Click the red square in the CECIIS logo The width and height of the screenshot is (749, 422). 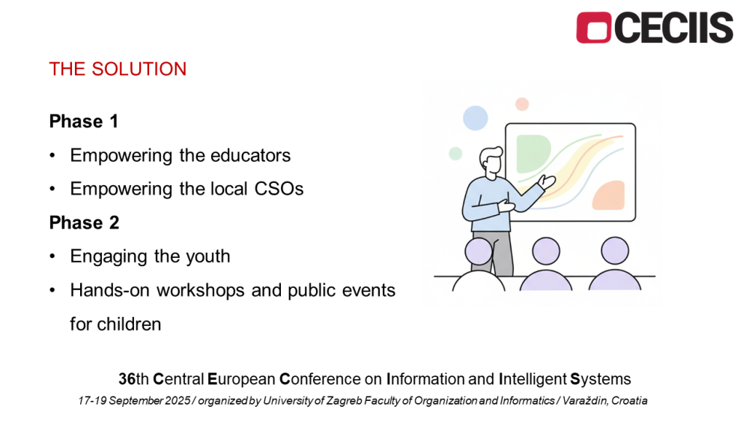593,28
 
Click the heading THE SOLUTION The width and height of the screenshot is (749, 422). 118,69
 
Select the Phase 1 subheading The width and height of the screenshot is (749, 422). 84,121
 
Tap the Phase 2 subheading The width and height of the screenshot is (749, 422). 84,223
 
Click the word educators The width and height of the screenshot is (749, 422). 250,155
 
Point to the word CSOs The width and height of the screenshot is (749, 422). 279,189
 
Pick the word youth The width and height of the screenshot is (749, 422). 207,256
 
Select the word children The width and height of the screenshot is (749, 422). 130,324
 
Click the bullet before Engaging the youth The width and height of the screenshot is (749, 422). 52,256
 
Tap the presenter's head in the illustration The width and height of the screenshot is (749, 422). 491,162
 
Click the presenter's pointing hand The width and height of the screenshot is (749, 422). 547,182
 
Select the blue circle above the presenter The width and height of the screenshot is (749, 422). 476,118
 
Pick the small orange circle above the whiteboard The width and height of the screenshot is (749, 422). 522,104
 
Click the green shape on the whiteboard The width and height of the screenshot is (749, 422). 532,154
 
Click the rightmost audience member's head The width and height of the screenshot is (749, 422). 615,251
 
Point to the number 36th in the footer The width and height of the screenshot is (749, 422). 134,379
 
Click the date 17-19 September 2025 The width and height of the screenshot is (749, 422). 134,400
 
